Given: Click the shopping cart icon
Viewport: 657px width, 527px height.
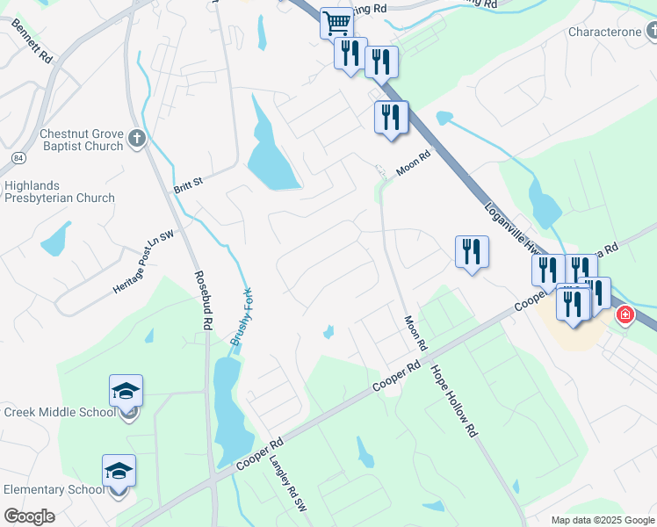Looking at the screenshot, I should [x=336, y=22].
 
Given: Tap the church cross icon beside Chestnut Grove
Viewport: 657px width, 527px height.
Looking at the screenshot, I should [x=136, y=137].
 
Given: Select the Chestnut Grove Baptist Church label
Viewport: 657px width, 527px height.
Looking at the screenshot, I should [x=81, y=141].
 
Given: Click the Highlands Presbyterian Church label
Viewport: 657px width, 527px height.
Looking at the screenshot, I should [x=59, y=191].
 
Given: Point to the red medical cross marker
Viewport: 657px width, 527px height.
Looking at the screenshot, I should [x=625, y=314].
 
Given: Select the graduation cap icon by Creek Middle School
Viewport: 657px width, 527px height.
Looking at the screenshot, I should [x=126, y=390].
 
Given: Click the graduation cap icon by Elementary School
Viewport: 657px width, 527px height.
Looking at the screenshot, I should [x=119, y=471].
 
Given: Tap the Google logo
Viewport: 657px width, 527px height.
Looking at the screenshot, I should [x=29, y=516].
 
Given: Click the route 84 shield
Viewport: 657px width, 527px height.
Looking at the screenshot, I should [x=18, y=157].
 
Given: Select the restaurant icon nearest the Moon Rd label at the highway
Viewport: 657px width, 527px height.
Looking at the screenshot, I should [x=391, y=117].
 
